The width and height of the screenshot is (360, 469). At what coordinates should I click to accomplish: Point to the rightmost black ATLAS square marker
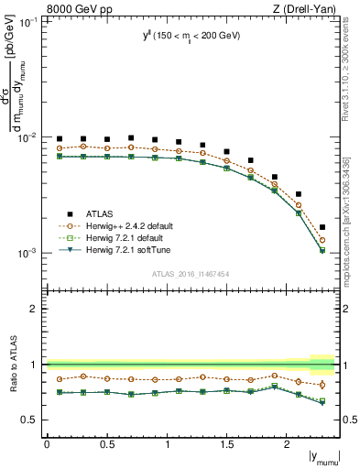tap(322, 226)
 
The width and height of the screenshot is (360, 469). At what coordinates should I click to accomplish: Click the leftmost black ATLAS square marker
tap(60, 139)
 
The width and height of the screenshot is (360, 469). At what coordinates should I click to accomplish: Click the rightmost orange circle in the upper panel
tap(322, 240)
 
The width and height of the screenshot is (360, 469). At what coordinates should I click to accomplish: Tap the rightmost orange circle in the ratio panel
tap(322, 385)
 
